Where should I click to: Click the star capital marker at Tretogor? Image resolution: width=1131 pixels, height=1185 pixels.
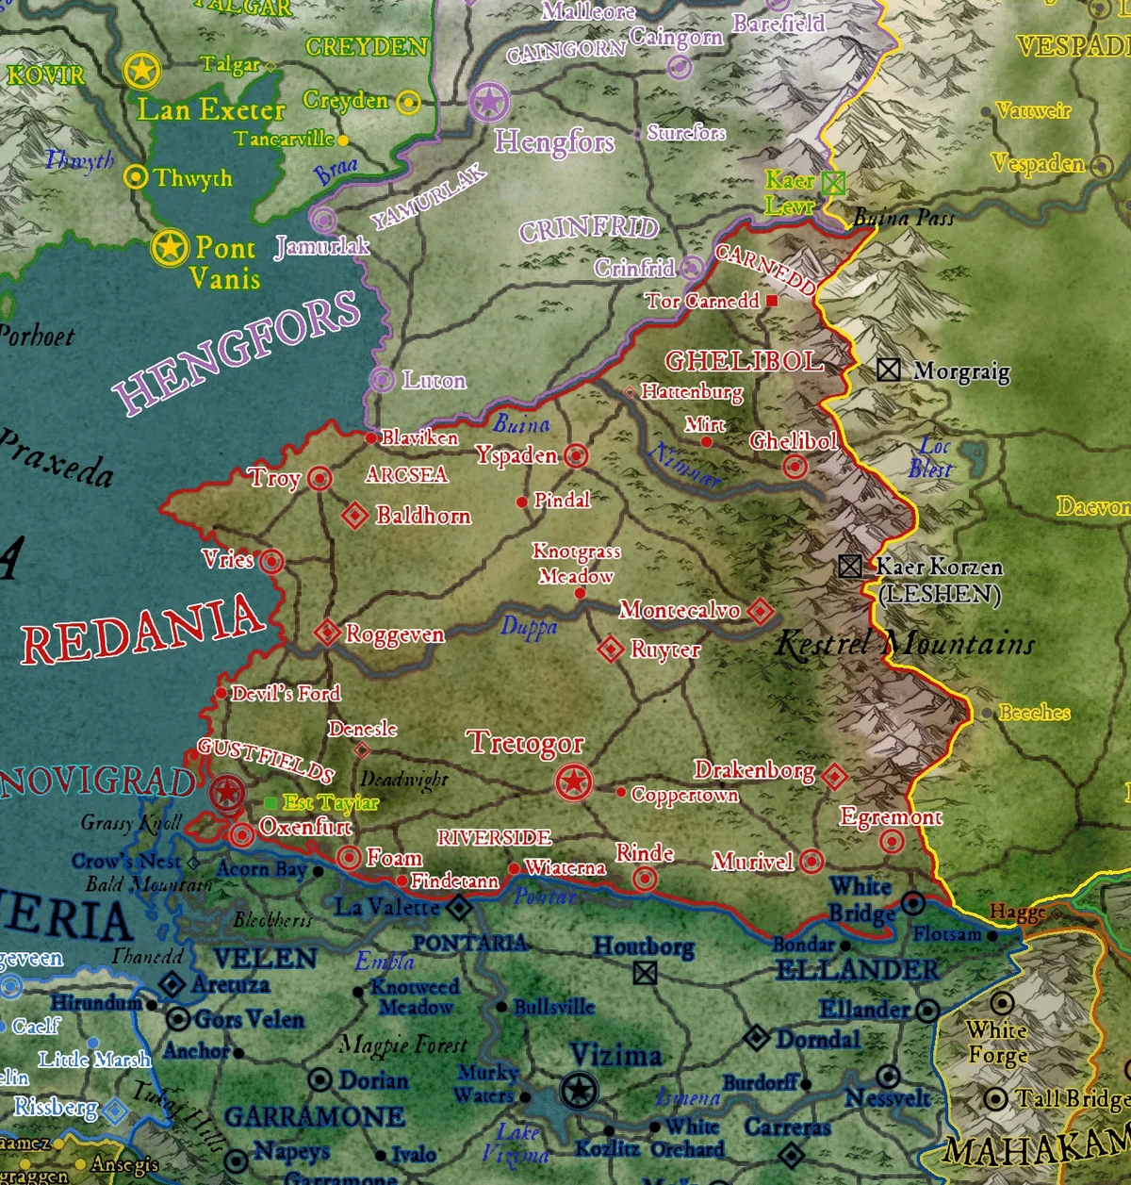click(x=573, y=782)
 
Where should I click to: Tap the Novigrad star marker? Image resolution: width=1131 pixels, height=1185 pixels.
click(x=227, y=794)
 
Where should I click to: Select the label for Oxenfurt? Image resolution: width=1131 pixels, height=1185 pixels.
click(x=304, y=827)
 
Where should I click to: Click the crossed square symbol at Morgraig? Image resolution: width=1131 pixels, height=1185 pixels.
click(x=888, y=370)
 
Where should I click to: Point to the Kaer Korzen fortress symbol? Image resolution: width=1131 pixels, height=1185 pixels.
click(x=849, y=566)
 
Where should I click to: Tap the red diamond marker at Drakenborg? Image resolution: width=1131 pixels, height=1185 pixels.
click(x=834, y=777)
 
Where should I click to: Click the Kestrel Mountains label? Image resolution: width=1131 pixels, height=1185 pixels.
click(x=905, y=645)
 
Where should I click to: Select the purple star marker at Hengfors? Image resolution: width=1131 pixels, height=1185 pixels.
click(x=489, y=102)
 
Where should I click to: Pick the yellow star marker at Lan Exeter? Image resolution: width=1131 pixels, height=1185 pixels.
click(x=141, y=70)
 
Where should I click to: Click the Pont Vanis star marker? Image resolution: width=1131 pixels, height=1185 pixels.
click(x=170, y=248)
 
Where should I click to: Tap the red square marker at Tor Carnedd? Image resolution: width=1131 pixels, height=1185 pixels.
click(x=772, y=301)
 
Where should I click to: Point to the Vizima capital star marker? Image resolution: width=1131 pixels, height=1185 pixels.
click(x=579, y=1091)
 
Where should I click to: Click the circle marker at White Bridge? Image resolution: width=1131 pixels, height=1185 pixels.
click(x=912, y=903)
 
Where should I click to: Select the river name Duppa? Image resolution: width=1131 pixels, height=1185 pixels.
click(x=529, y=627)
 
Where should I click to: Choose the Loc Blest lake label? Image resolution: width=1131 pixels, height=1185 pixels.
click(x=931, y=457)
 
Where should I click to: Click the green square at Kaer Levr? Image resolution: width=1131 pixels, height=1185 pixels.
click(x=833, y=182)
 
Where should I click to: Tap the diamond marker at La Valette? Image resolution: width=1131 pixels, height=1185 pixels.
click(x=459, y=908)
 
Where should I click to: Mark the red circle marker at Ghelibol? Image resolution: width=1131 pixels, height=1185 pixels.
click(x=795, y=467)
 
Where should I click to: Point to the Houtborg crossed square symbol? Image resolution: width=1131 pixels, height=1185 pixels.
click(x=645, y=972)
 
